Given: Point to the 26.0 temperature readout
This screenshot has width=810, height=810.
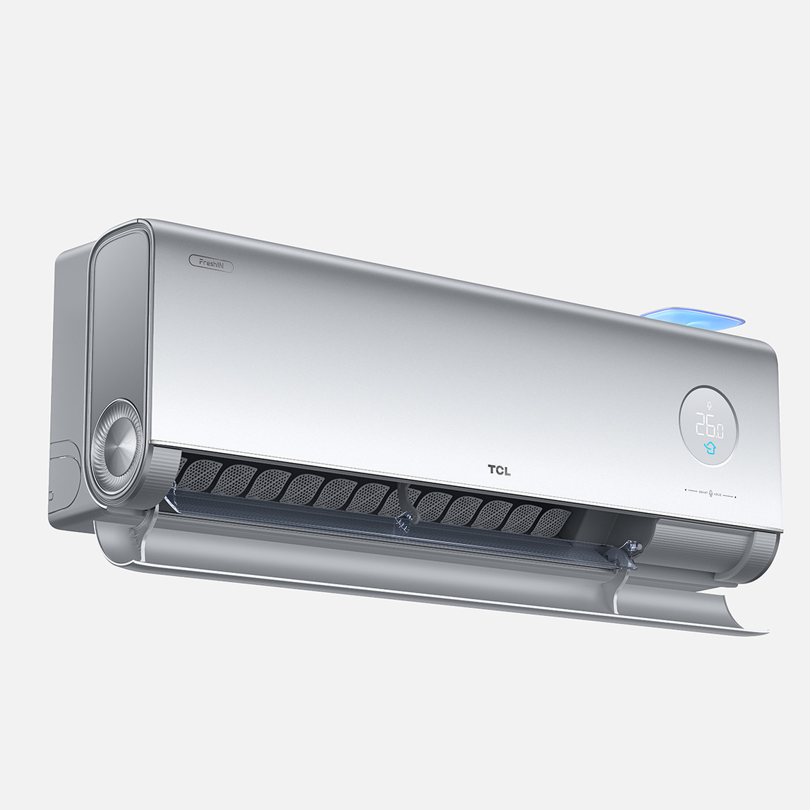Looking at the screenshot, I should [x=708, y=426].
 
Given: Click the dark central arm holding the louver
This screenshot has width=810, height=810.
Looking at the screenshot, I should [x=405, y=504].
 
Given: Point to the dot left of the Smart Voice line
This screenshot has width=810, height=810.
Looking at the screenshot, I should [x=685, y=489].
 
